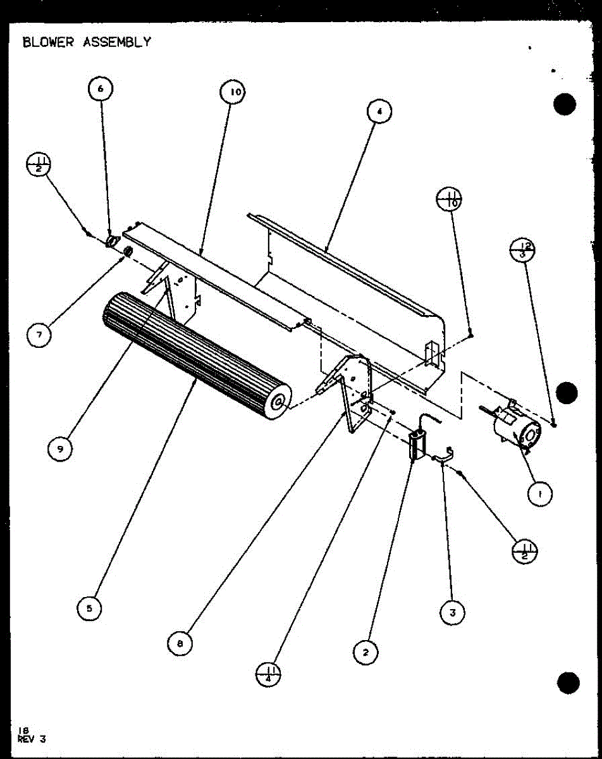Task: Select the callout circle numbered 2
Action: pos(365,651)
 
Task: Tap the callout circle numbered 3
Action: pos(452,612)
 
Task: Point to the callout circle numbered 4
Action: pos(379,112)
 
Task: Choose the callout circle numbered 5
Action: pos(89,608)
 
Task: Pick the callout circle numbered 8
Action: pos(180,644)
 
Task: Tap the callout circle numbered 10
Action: pos(233,93)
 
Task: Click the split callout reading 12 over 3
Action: pos(522,250)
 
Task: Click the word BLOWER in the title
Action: pos(49,42)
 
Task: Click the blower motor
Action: pos(516,430)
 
